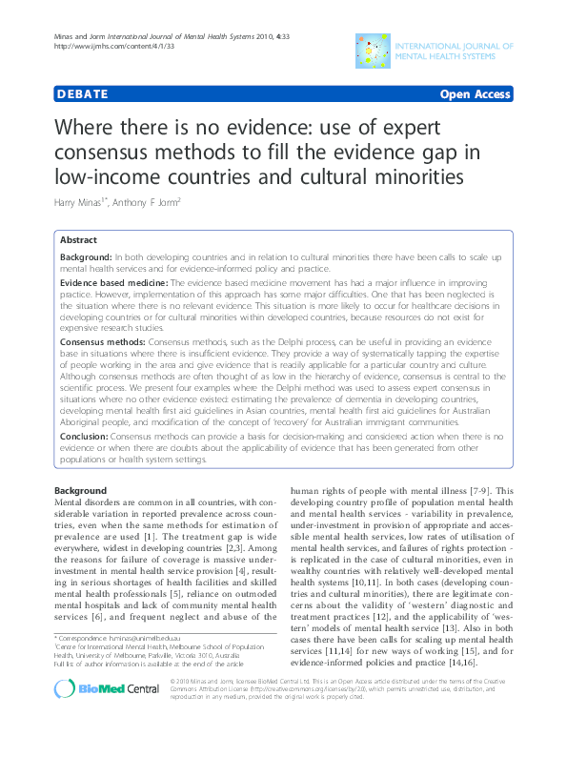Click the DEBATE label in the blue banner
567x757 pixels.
[x=81, y=94]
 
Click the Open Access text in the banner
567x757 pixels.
[x=475, y=94]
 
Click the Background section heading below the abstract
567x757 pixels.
[x=80, y=490]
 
